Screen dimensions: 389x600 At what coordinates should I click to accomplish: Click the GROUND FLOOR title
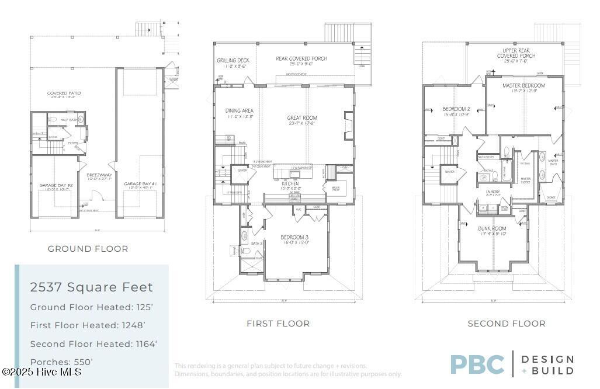coord(88,249)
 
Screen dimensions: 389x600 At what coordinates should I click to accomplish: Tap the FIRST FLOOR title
coord(278,323)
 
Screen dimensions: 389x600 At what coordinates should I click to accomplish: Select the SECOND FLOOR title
coord(507,323)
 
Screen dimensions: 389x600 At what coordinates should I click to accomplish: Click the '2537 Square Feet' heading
coord(92,287)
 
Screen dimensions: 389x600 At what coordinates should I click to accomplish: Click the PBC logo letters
coord(477,364)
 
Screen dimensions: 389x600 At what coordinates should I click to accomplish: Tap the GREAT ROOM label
coord(302,118)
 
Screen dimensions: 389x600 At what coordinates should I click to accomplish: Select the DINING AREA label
coord(239,110)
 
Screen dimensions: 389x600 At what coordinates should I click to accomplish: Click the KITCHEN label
coord(290,183)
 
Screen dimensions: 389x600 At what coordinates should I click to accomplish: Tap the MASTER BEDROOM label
coord(523,86)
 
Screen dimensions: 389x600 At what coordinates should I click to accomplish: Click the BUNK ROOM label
coord(493,228)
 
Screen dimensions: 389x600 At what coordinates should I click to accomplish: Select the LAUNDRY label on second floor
coord(494,191)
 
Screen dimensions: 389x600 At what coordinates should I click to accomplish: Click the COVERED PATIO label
coord(64,93)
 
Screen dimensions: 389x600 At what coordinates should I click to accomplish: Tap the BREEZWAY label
coord(95,174)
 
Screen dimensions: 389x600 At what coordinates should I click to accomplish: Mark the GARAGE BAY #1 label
coord(138,184)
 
